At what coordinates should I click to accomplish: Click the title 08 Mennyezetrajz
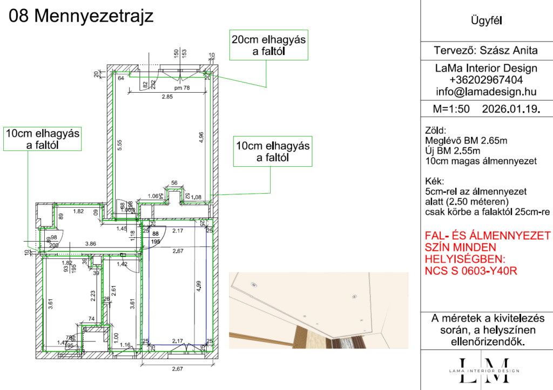point(82,16)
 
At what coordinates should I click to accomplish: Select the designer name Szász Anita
point(509,51)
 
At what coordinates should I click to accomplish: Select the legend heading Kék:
point(435,182)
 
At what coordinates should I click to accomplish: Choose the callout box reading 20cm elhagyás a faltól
point(268,45)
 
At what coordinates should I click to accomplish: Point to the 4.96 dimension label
point(201,137)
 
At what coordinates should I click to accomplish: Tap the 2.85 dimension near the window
point(166,97)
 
